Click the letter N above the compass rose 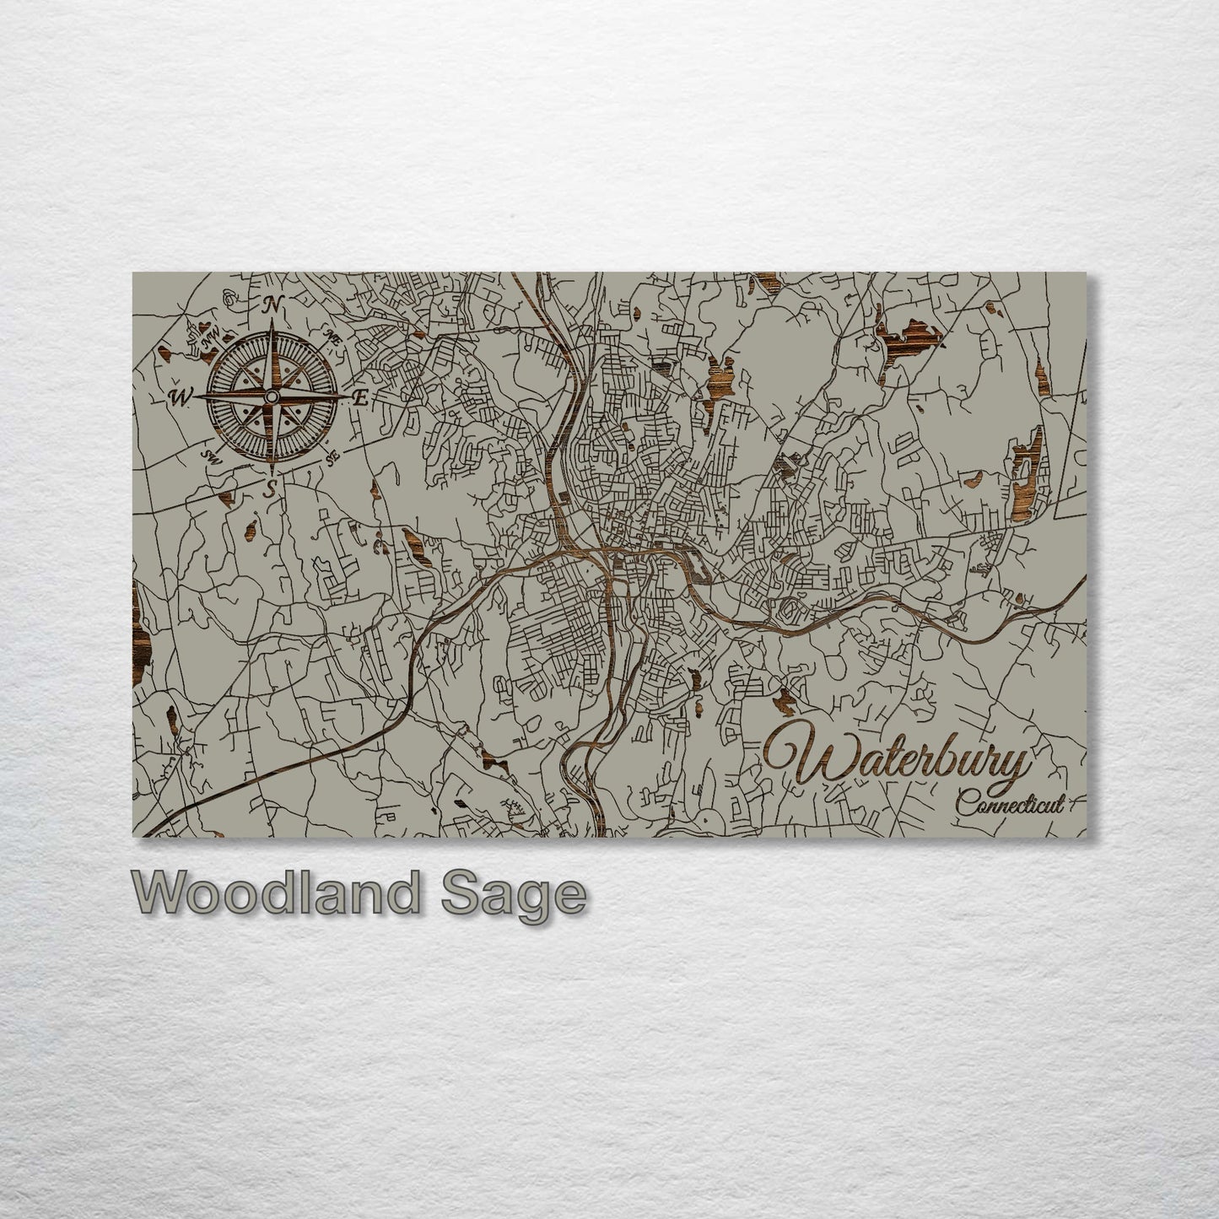pos(272,306)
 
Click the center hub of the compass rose pos(272,396)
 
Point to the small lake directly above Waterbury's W pos(787,698)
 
